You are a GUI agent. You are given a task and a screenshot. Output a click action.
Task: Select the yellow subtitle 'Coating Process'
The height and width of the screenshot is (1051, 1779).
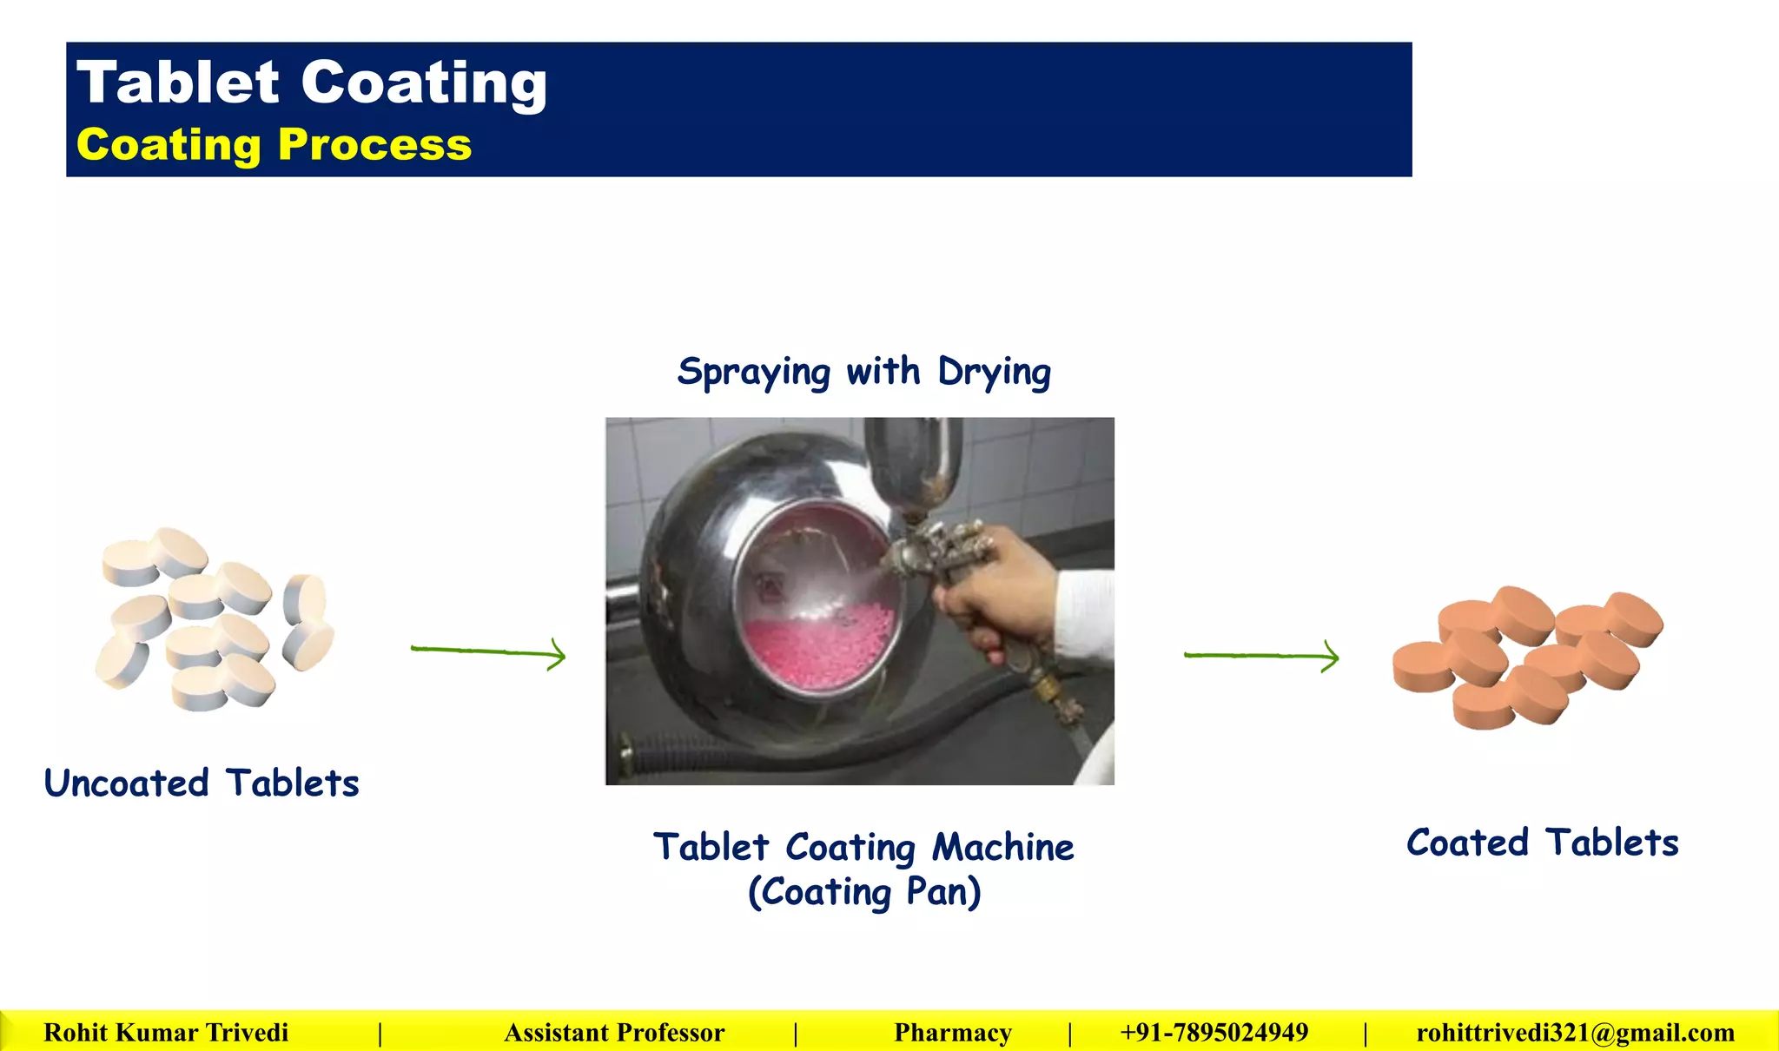pos(274,144)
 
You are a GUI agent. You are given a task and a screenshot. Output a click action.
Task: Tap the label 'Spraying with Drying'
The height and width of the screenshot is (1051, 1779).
pos(863,372)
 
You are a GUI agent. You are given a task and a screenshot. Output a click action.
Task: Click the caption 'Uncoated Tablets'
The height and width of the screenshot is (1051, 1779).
pos(202,783)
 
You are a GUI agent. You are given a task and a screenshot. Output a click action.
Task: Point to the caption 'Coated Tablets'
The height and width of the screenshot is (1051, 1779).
pos(1542,843)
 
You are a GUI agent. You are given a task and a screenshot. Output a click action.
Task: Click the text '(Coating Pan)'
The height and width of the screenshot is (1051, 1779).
pos(864,892)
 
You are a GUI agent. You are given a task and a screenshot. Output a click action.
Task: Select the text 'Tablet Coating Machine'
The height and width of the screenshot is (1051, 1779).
pos(863,847)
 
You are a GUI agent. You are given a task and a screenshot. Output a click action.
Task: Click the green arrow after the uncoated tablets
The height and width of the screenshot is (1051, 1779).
pos(488,651)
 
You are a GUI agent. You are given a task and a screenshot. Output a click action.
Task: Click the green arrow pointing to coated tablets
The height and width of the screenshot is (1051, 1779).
pos(1261,656)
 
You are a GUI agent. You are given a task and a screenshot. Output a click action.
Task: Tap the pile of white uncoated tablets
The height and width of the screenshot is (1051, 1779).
pos(213,618)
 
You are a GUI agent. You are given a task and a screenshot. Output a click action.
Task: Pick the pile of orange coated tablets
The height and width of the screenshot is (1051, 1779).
pos(1527,656)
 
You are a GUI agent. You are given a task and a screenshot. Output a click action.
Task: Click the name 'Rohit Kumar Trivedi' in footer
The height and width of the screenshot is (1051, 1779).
pos(166,1032)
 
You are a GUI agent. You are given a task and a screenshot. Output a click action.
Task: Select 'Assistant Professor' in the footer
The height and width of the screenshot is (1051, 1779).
pos(614,1032)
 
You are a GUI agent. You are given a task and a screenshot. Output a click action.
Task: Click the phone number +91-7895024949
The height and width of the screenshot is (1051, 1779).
pos(1214,1032)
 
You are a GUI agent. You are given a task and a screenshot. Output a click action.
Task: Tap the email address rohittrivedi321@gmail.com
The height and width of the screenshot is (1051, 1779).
pos(1575,1032)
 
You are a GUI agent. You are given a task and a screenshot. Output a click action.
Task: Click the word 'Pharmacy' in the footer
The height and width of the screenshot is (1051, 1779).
pos(953,1032)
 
